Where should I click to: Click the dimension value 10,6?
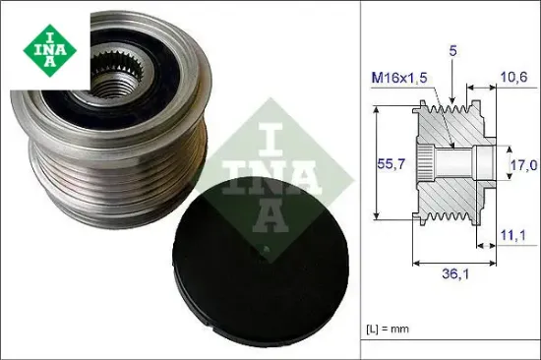click(x=510, y=79)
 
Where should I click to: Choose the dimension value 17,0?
click(x=521, y=168)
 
